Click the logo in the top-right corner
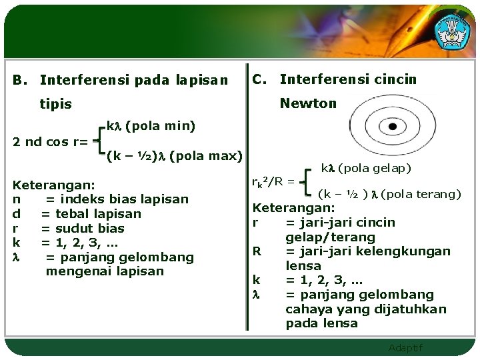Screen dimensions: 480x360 pos(451,31)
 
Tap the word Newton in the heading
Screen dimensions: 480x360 pos(308,103)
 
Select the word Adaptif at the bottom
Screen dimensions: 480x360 pos(405,348)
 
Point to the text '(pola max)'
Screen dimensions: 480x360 pos(205,156)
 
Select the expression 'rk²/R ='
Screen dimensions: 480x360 pos(273,183)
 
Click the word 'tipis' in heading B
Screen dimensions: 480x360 pos(55,105)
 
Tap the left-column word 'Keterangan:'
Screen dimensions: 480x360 pos(54,185)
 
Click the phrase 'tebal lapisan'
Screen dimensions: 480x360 pos(98,213)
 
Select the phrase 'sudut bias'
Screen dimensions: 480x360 pos(91,228)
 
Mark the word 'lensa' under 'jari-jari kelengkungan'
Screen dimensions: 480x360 pos(303,265)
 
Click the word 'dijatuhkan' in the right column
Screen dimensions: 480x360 pos(413,309)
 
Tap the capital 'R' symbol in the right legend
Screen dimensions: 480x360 pos(256,251)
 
